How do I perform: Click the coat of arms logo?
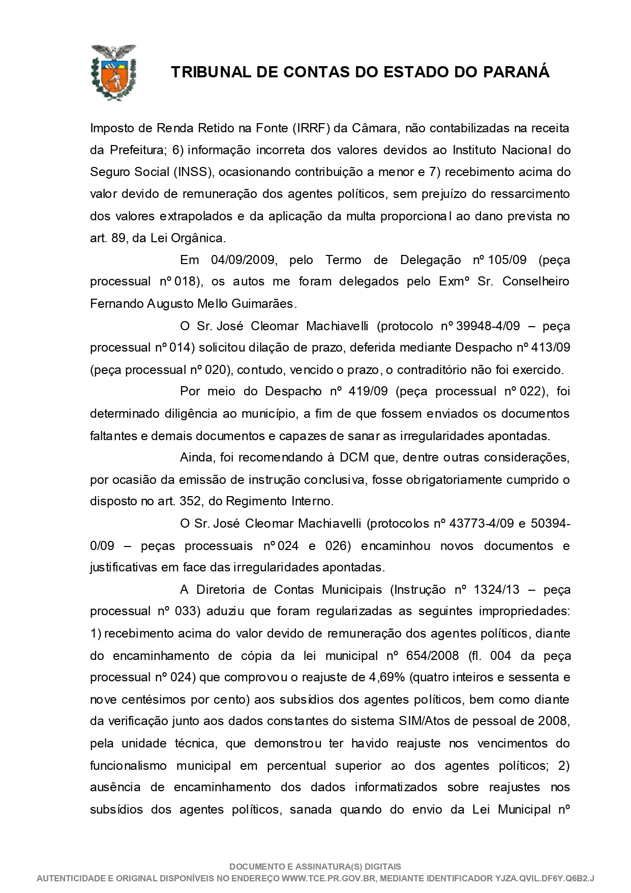tap(113, 72)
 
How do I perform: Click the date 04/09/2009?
tap(244, 260)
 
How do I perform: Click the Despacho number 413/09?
tap(551, 348)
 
